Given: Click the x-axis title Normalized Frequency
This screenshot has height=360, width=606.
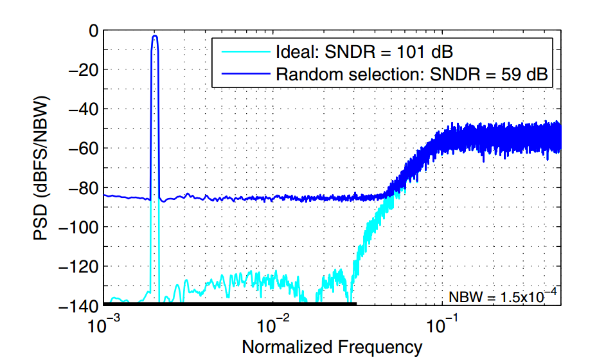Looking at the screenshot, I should (x=332, y=347).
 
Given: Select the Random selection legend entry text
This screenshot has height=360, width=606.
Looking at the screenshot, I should (x=411, y=74).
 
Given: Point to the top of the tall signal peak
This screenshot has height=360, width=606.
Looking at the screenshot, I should (x=155, y=36).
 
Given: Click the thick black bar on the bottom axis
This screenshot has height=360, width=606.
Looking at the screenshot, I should (x=229, y=303).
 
